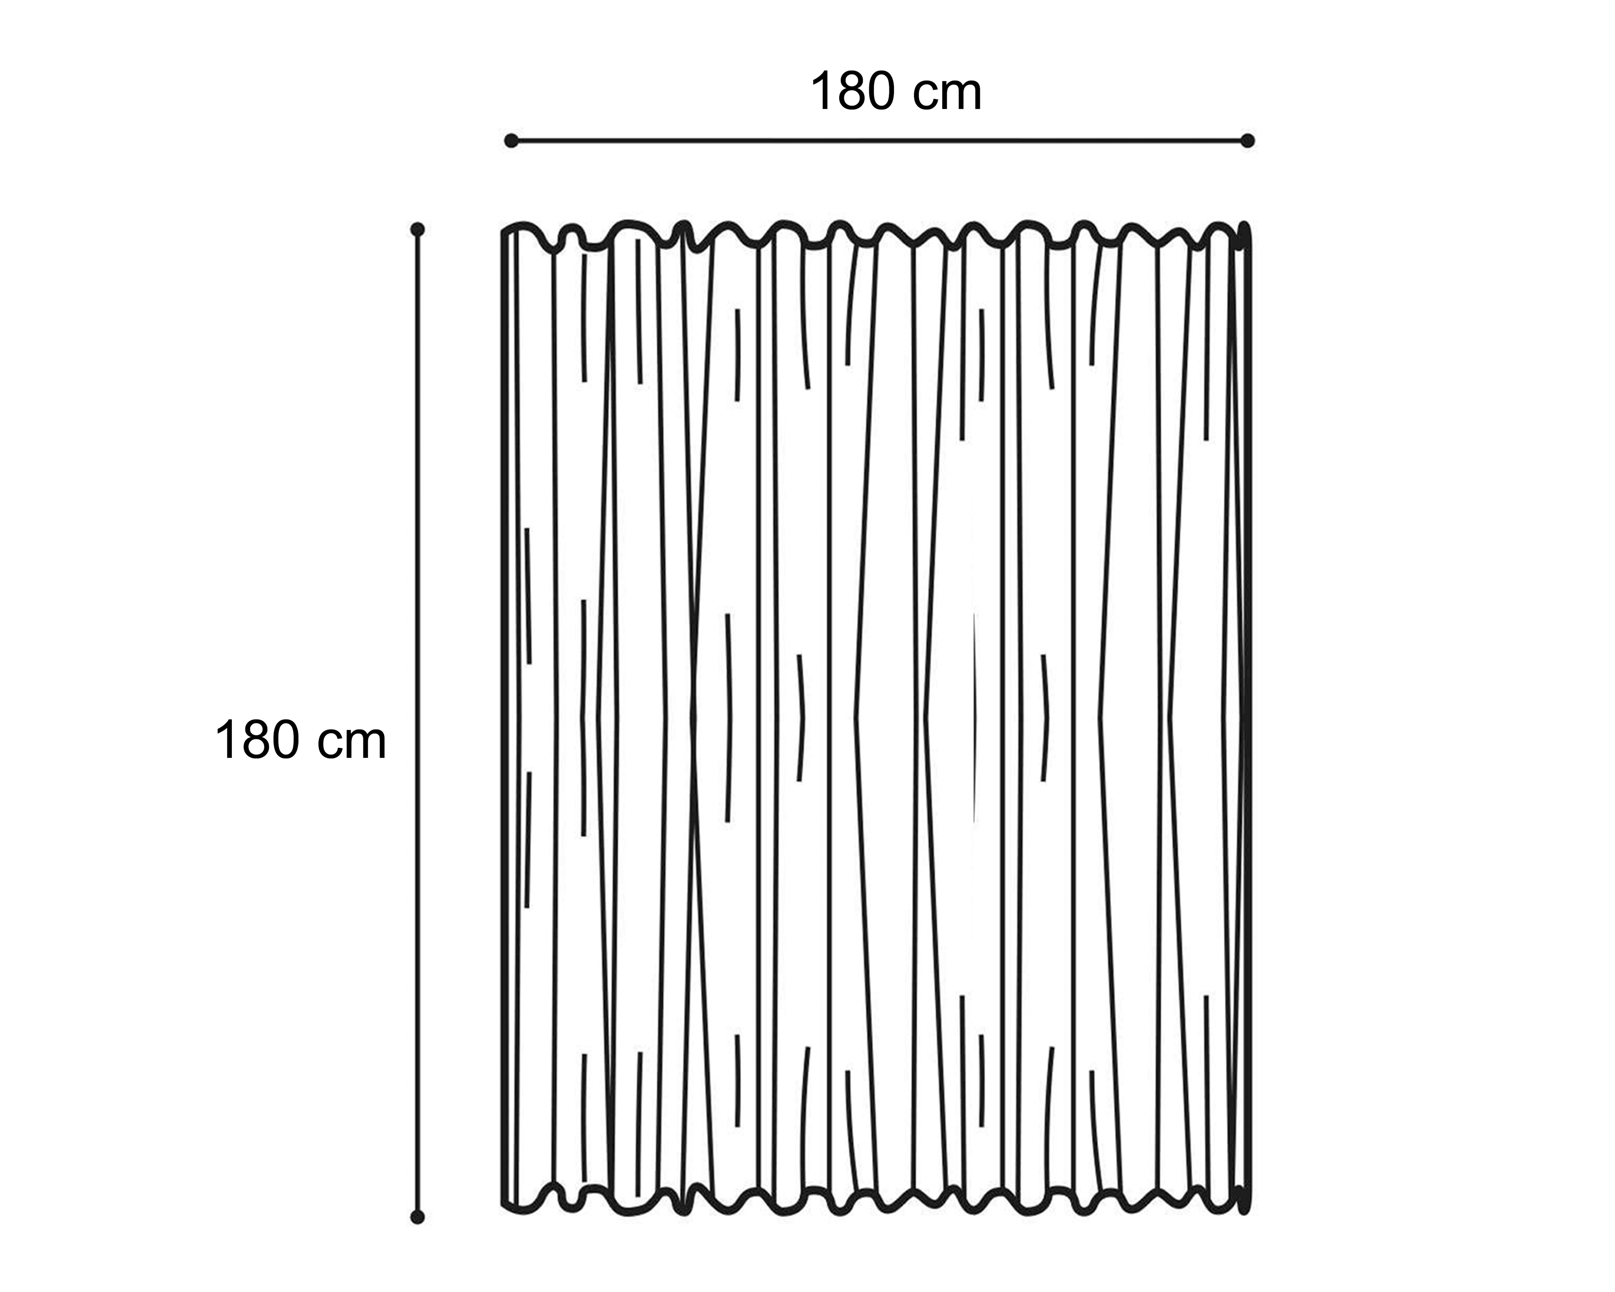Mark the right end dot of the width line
1247,141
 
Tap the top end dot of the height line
418,229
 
